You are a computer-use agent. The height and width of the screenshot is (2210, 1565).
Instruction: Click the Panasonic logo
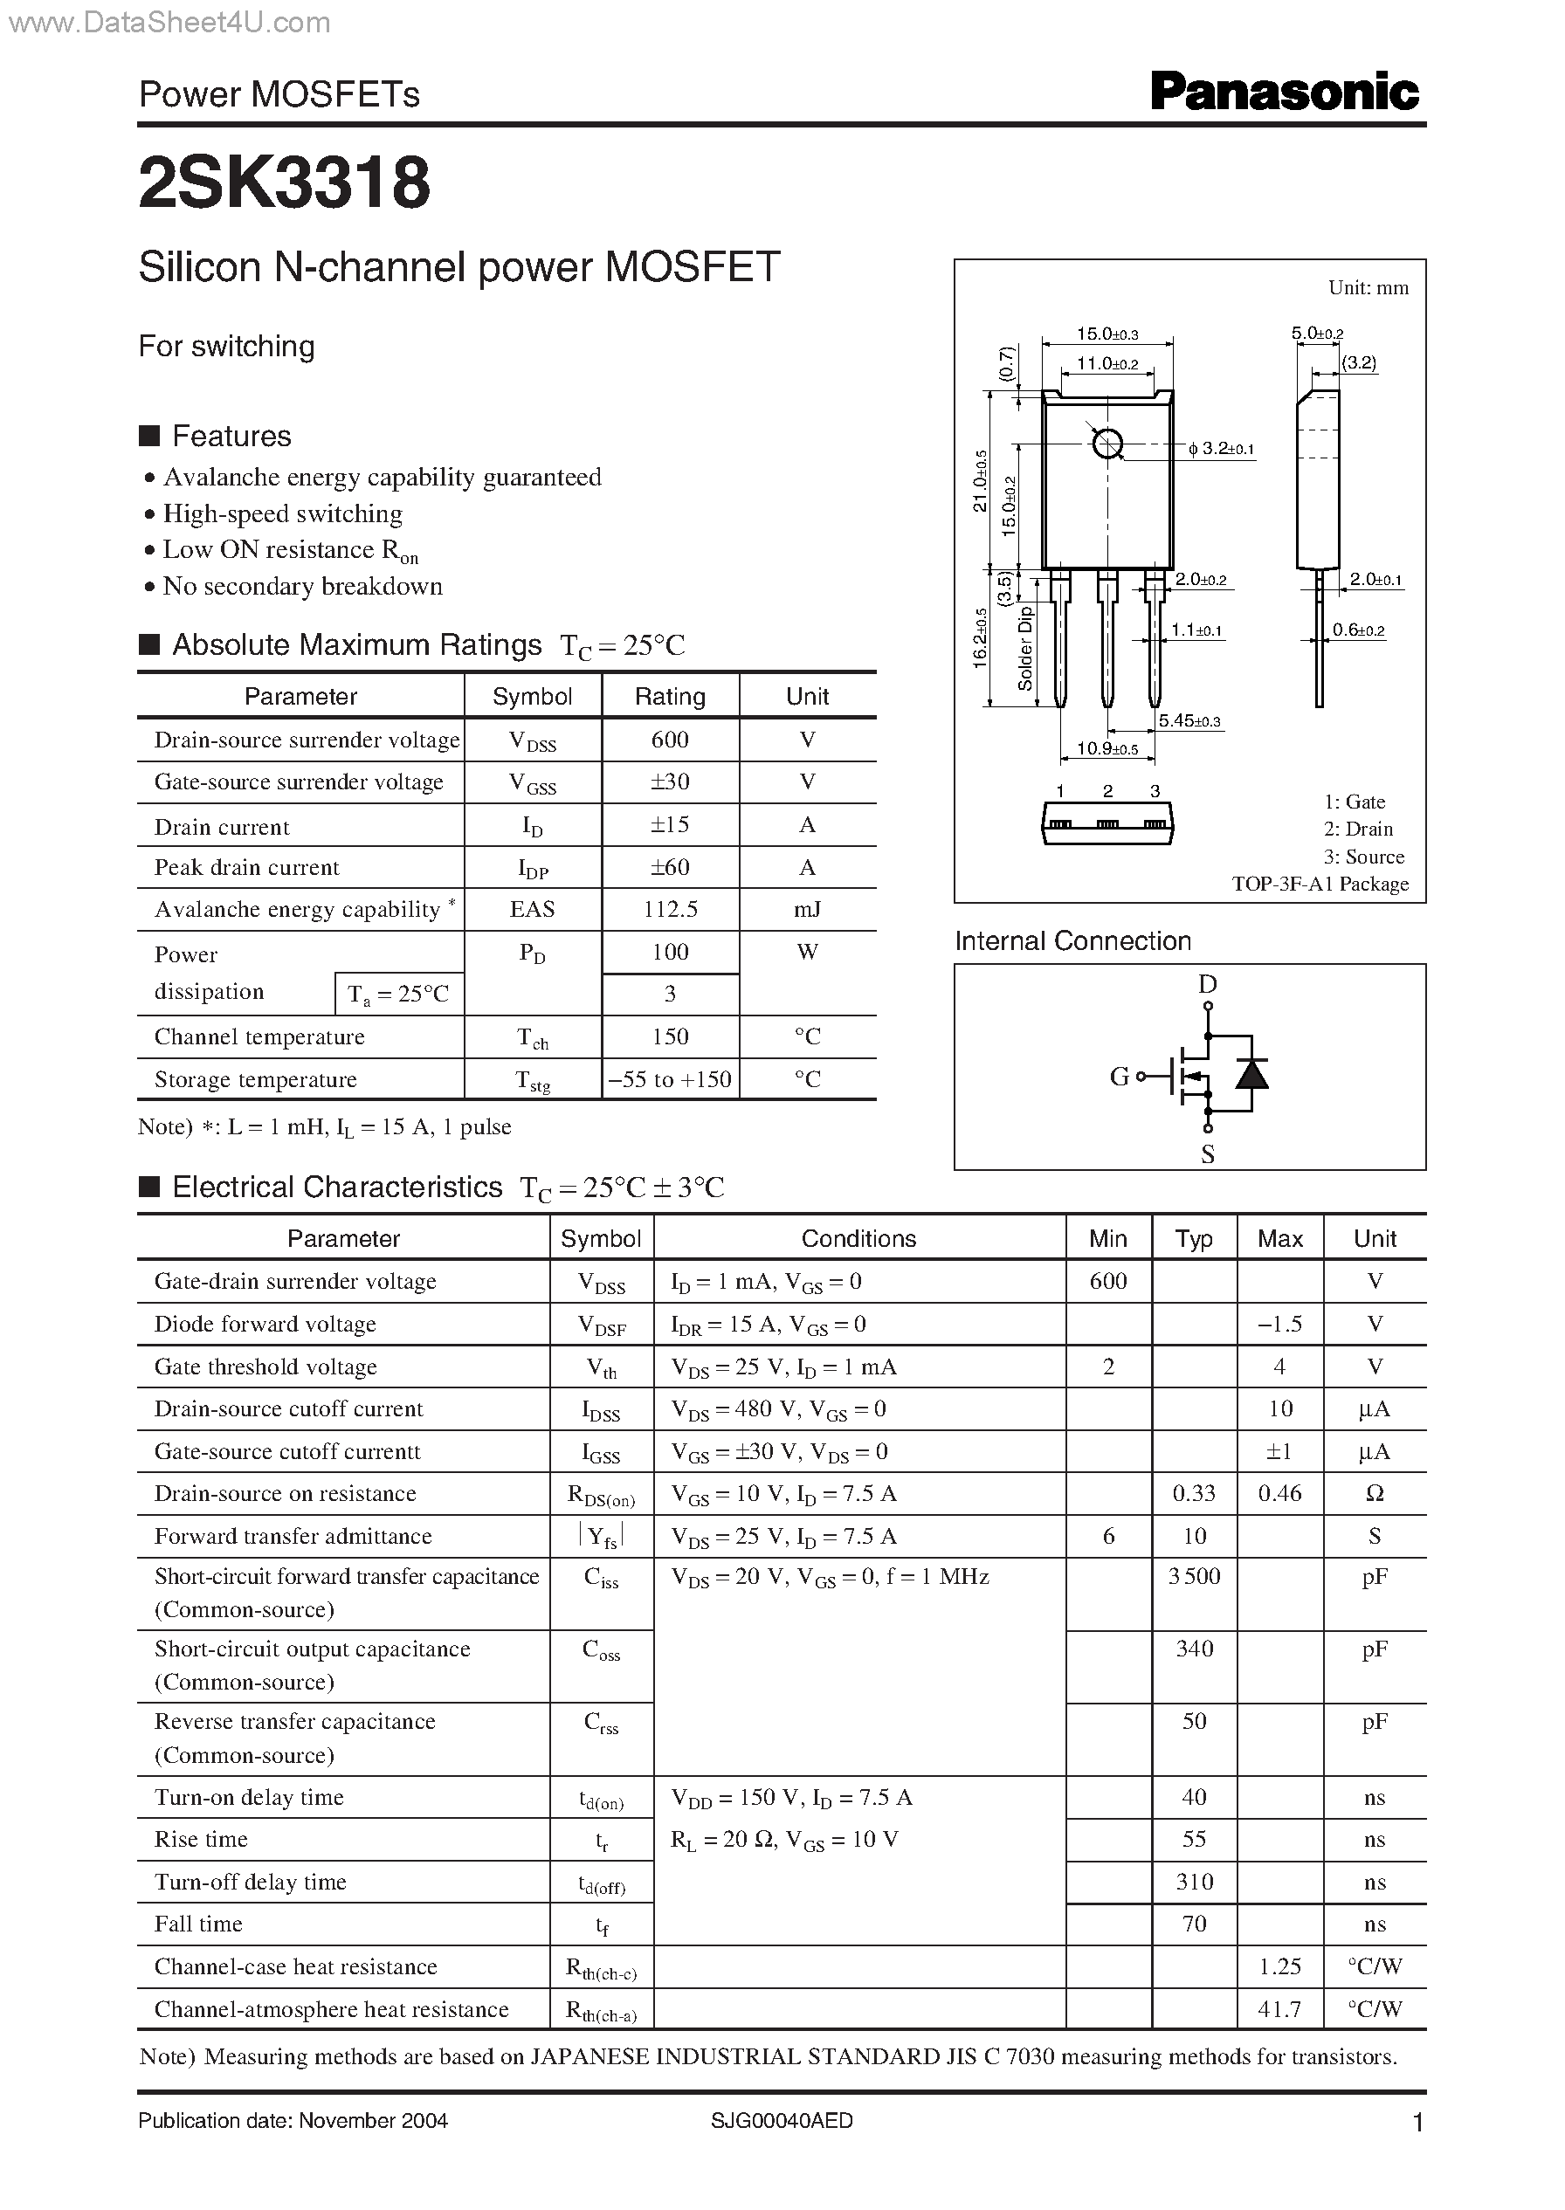click(x=1284, y=93)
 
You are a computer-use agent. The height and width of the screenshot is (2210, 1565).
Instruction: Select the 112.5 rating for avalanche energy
click(x=670, y=910)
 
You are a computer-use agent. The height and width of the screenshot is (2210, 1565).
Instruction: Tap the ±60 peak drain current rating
click(x=670, y=867)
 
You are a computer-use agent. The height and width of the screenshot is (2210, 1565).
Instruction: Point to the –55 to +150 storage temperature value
click(x=670, y=1079)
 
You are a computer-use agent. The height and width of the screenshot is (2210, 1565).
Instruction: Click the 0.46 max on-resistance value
click(x=1279, y=1493)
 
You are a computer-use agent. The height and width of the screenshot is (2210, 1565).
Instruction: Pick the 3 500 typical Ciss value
click(x=1194, y=1576)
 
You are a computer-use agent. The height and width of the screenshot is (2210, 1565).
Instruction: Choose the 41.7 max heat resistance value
click(x=1279, y=2008)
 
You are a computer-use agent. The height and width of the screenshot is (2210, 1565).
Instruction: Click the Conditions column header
click(x=858, y=1239)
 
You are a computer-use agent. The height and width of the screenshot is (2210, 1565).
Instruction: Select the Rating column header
click(x=670, y=697)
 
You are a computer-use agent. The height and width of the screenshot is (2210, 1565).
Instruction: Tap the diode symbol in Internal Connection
click(x=1251, y=1073)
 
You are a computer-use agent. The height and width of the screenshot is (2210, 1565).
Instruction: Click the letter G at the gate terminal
click(x=1119, y=1076)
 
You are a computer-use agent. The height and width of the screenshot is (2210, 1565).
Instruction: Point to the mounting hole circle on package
click(x=1108, y=444)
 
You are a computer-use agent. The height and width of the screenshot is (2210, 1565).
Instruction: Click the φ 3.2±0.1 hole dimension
click(x=1221, y=449)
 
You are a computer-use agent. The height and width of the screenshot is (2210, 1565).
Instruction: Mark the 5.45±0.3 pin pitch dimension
click(x=1189, y=720)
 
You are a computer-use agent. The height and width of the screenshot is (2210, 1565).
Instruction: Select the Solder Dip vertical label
click(x=1025, y=647)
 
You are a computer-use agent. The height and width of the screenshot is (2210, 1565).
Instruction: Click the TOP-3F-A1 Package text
click(x=1320, y=884)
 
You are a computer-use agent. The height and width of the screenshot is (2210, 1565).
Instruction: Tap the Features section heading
click(x=231, y=437)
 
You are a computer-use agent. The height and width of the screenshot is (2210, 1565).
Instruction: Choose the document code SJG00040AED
click(x=782, y=2120)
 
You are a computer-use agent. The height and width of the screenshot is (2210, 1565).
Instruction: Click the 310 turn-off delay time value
click(x=1194, y=1882)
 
